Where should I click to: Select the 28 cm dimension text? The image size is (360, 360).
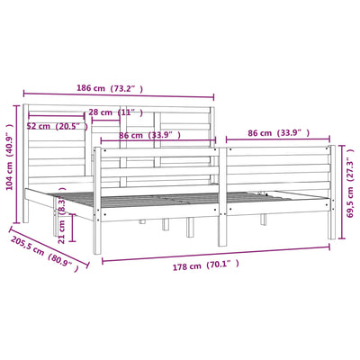point(101,112)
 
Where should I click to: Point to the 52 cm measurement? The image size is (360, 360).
point(39,126)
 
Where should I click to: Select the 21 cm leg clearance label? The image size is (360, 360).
point(61,231)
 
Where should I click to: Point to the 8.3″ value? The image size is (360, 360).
point(61,207)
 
